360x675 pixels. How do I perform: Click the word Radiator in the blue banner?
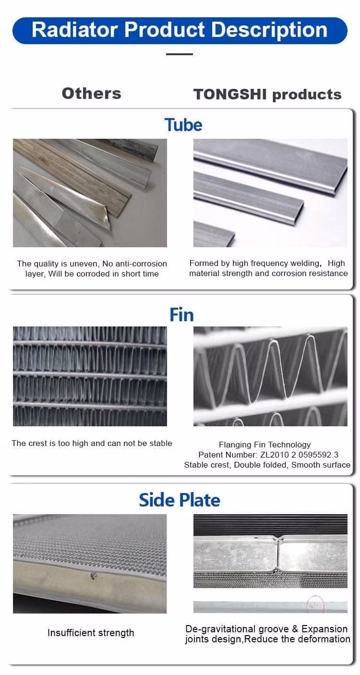click(74, 30)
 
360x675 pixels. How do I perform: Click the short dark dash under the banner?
click(180, 54)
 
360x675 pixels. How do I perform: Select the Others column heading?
click(92, 94)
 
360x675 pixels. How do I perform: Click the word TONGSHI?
click(230, 94)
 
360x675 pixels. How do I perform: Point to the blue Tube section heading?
click(183, 125)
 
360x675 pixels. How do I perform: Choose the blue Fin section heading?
click(181, 315)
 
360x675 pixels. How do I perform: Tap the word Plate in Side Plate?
click(200, 500)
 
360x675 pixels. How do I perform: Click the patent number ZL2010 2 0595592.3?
click(299, 455)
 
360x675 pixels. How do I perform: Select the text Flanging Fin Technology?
click(265, 445)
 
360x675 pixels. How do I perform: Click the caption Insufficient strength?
click(91, 633)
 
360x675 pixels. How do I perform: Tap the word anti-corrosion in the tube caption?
click(134, 264)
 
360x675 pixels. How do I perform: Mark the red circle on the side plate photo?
click(315, 604)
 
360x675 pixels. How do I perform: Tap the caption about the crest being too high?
click(92, 443)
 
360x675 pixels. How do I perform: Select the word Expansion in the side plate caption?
click(324, 629)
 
